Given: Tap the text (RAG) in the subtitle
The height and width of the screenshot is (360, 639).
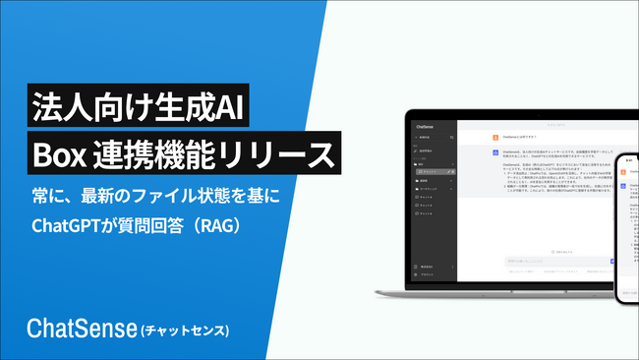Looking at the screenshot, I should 217,225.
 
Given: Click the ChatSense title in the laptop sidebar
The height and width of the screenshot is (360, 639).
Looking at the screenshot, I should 433,127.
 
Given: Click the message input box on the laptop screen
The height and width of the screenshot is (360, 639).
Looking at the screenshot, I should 546,262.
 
